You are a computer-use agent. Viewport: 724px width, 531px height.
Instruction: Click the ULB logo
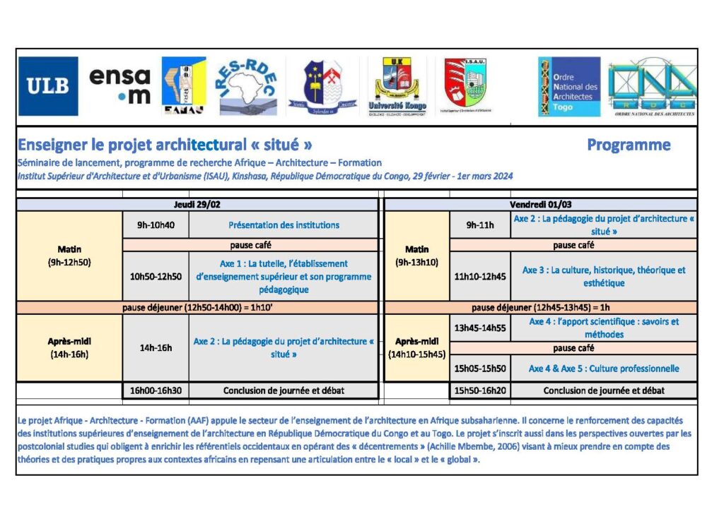tap(48, 86)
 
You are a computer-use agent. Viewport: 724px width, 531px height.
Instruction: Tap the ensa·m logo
tap(120, 86)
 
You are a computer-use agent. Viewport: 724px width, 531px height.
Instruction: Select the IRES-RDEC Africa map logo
tap(247, 86)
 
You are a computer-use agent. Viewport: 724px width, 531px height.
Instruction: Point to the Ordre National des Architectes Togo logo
tap(568, 86)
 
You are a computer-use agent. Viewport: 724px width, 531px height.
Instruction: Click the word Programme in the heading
tap(629, 145)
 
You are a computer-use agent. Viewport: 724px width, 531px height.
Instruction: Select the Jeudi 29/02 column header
tap(197, 204)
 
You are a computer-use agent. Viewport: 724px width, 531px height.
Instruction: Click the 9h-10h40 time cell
tap(156, 225)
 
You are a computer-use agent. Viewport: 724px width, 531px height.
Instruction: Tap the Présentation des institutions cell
tap(284, 225)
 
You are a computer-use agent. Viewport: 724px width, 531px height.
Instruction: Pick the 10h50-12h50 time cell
tap(156, 276)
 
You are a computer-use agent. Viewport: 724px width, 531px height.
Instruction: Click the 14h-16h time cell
tap(156, 347)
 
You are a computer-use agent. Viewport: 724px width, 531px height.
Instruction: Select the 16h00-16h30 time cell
tap(156, 390)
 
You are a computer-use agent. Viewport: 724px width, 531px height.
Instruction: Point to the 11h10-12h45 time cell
tap(480, 276)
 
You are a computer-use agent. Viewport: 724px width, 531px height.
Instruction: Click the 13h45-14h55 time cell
tap(480, 328)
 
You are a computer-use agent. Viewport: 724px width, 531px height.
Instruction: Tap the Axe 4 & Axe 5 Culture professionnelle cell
tap(603, 369)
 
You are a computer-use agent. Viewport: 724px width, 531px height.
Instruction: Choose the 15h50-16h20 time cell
tap(480, 390)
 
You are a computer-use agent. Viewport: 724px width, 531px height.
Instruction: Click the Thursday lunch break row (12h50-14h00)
tap(197, 308)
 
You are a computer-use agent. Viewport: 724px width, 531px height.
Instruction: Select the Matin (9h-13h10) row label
tap(416, 256)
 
